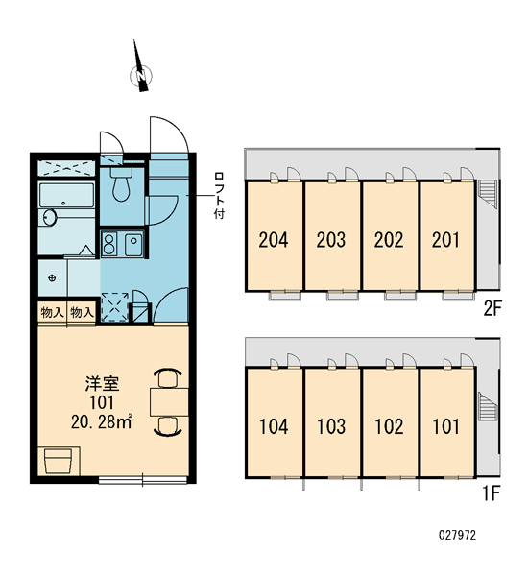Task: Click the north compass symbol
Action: [141, 75]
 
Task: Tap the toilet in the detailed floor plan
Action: [121, 184]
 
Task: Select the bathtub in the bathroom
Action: [67, 195]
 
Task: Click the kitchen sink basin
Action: [133, 244]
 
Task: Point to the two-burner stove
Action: [109, 244]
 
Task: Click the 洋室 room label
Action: [102, 384]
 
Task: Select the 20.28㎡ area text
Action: [102, 422]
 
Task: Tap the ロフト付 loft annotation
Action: [219, 196]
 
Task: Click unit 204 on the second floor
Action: [274, 240]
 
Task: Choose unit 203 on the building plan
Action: [331, 240]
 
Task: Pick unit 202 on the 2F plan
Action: [389, 240]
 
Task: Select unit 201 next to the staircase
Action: [446, 240]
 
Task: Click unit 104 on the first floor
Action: [274, 426]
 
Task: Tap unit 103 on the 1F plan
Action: [331, 426]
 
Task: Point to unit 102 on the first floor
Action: [389, 426]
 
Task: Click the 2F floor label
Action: [492, 308]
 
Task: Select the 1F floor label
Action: [492, 493]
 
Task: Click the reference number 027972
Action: [457, 535]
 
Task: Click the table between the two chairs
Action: [169, 401]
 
